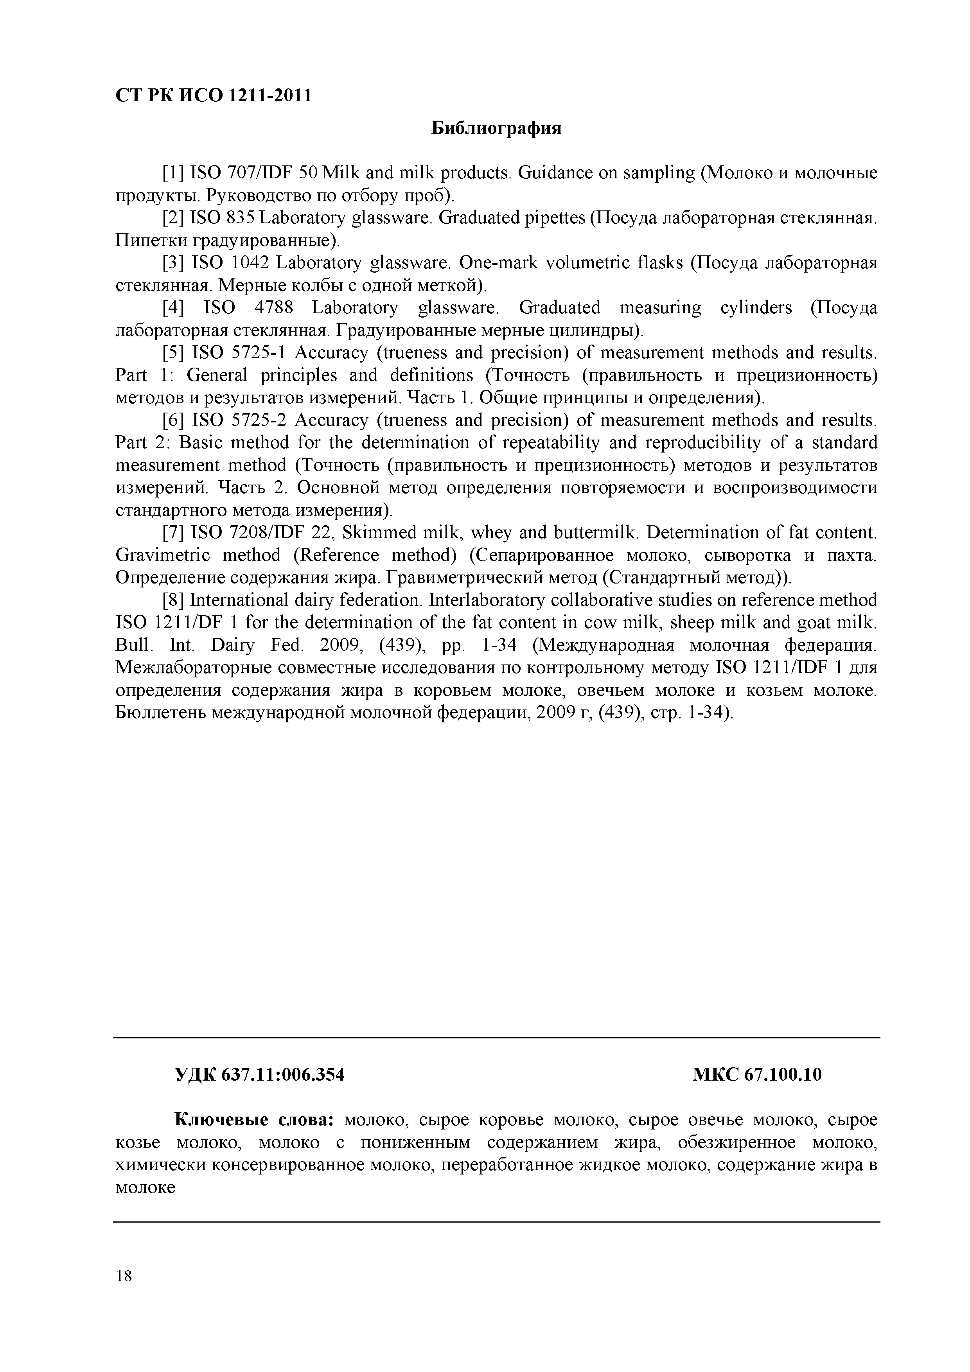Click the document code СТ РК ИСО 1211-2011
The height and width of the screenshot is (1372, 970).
[214, 95]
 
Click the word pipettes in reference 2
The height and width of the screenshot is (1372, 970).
[556, 219]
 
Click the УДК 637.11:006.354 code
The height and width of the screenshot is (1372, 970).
[259, 1075]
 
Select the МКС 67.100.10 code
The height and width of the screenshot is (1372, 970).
[756, 1075]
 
